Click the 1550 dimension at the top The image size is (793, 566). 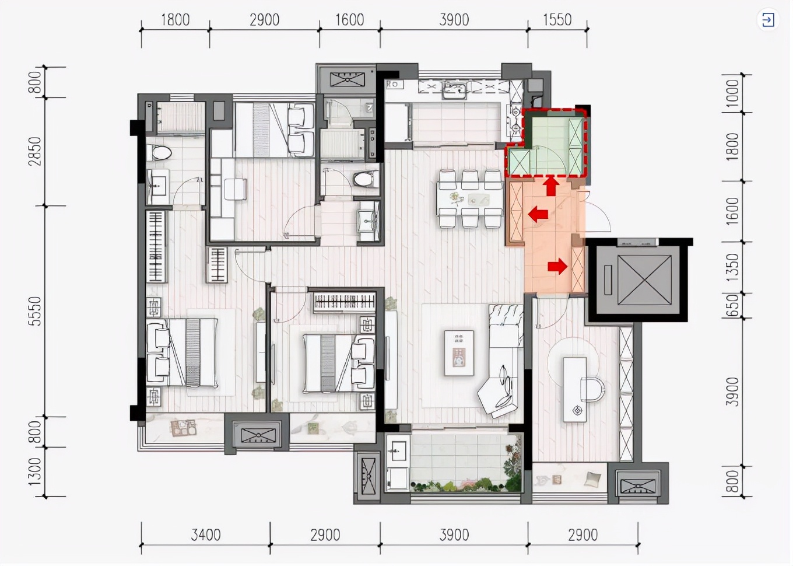[x=557, y=20]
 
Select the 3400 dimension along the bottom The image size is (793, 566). [x=206, y=534]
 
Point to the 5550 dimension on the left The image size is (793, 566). [x=35, y=311]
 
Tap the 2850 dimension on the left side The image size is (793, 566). [x=35, y=151]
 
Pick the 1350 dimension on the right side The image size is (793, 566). [x=732, y=267]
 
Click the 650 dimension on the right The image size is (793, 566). [x=732, y=306]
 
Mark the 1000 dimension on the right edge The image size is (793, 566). [x=732, y=93]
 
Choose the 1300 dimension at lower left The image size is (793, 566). [x=35, y=471]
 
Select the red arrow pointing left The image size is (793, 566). [x=538, y=214]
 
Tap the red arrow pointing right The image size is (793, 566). [x=557, y=267]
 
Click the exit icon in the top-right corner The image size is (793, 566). [x=768, y=20]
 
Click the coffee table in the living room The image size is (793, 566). [x=459, y=352]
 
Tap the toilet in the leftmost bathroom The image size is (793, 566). [x=159, y=153]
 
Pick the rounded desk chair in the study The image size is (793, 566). [x=592, y=389]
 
